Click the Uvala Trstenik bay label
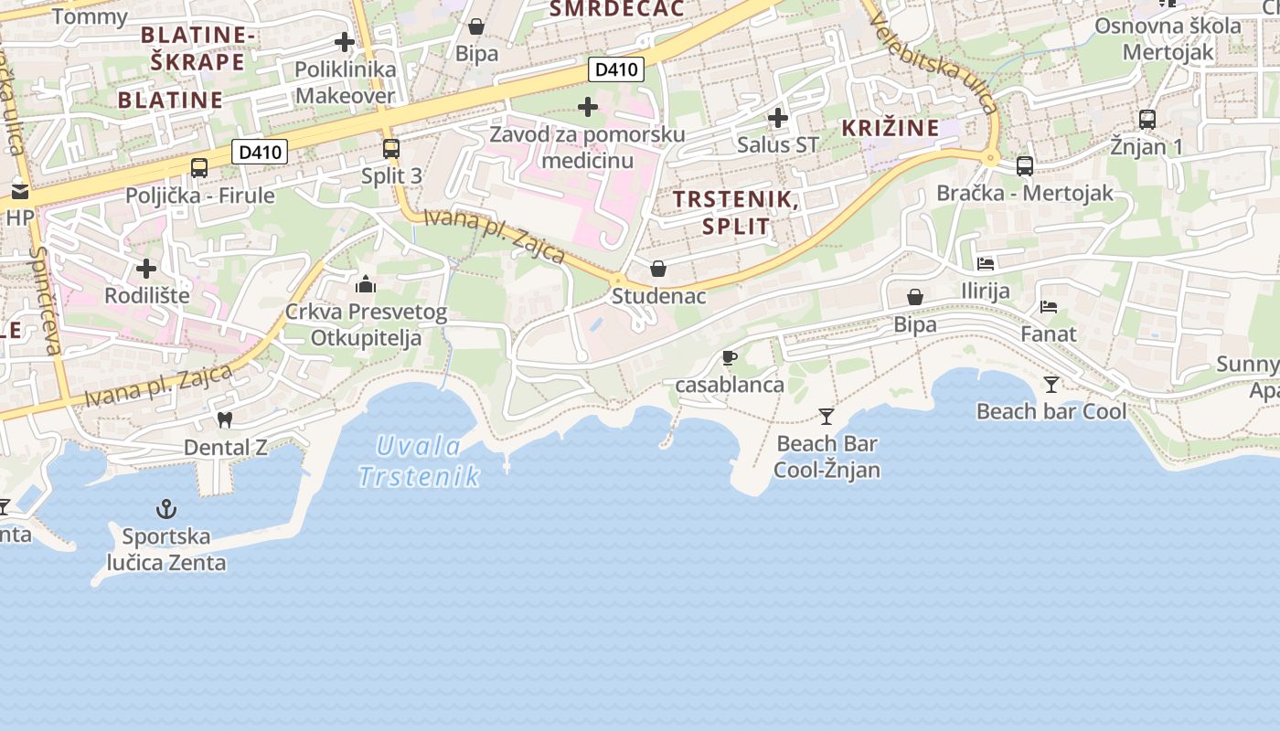point(420,461)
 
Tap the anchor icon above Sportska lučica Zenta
point(166,509)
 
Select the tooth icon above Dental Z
point(225,420)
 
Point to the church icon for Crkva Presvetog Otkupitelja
point(366,284)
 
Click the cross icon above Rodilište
point(146,269)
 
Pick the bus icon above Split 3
point(391,148)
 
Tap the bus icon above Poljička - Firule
point(199,167)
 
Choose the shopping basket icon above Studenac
point(657,269)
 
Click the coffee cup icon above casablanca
point(729,357)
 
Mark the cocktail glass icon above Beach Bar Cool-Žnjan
point(827,417)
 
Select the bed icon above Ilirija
point(985,264)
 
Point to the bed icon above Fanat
point(1049,307)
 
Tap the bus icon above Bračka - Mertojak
point(1025,165)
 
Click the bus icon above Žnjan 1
point(1147,119)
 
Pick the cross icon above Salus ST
point(778,118)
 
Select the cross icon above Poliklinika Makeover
point(345,42)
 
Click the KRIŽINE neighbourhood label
point(891,128)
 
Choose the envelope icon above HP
point(19,192)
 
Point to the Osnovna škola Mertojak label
point(1168,38)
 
